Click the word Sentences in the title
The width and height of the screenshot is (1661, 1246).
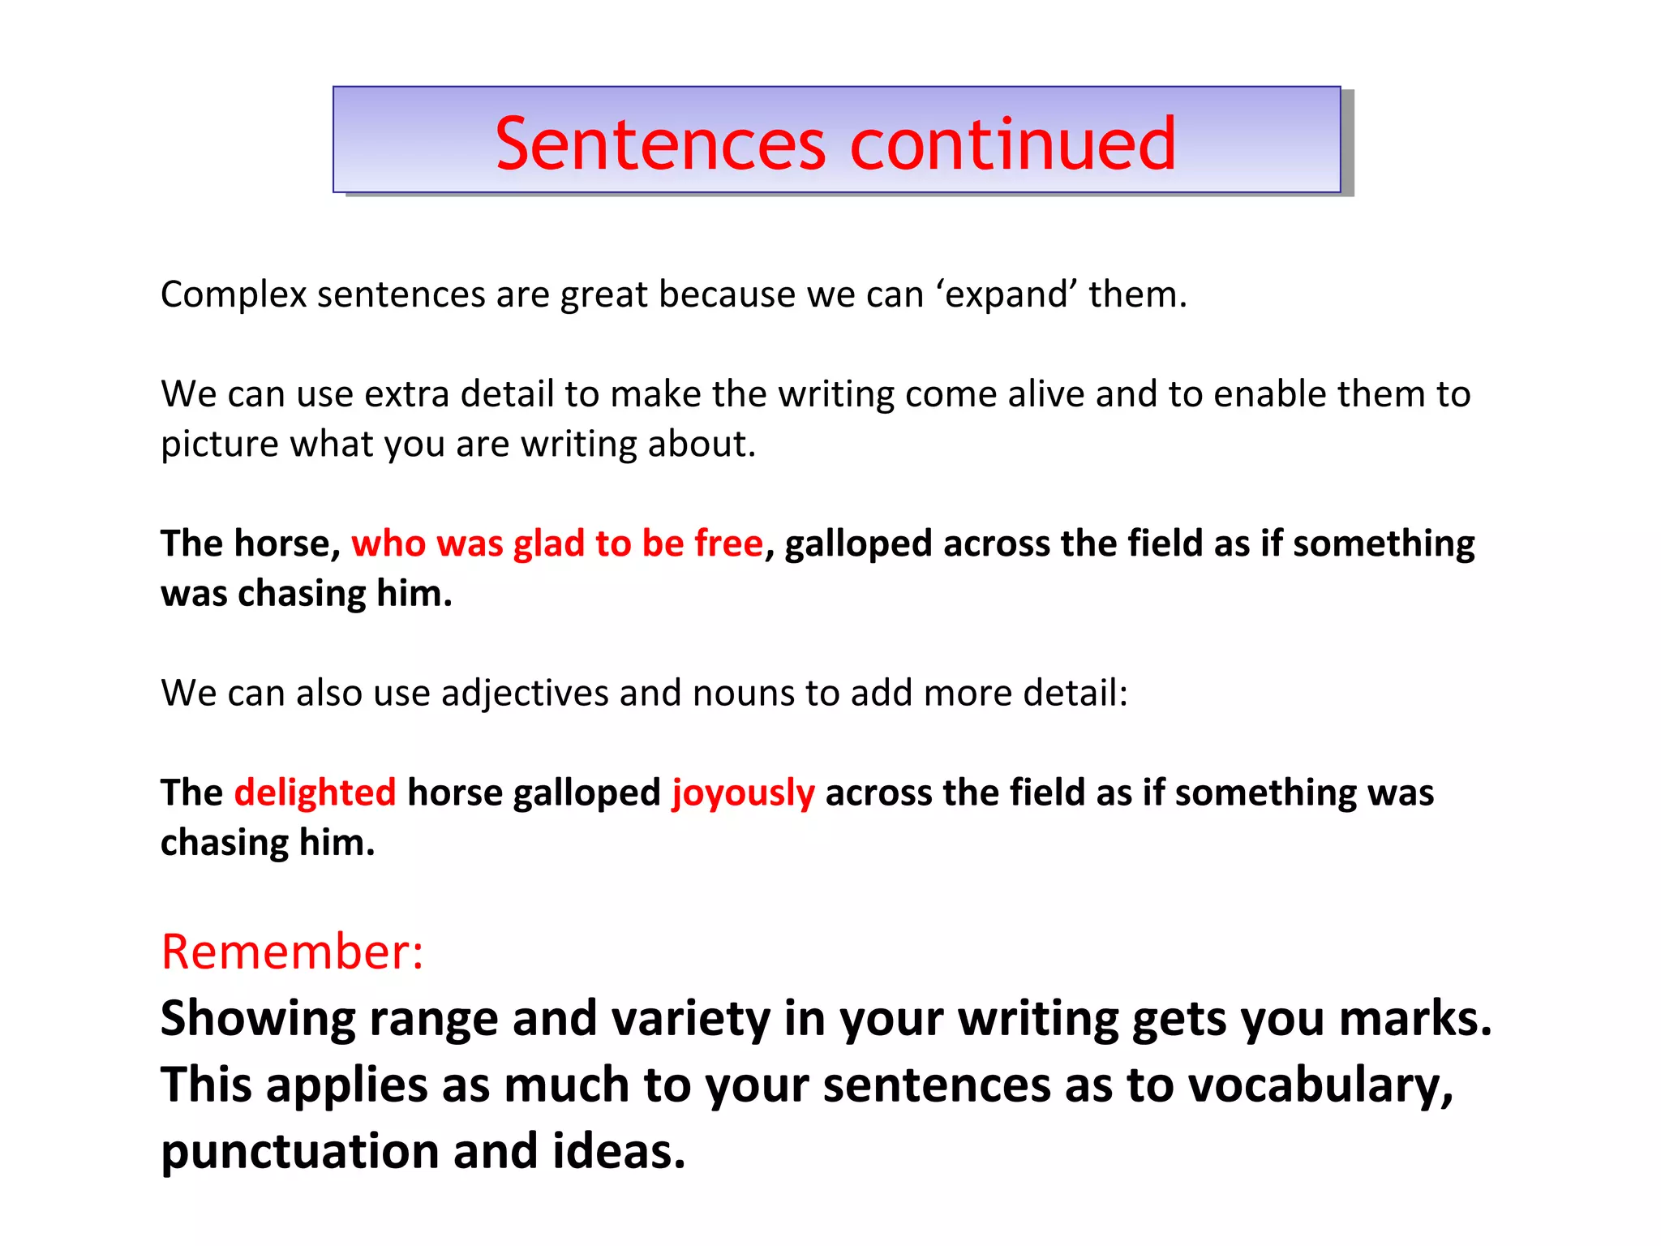(659, 144)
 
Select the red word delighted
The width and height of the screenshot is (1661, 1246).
(315, 793)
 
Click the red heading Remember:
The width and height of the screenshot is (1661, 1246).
(292, 952)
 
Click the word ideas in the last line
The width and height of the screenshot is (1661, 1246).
(618, 1151)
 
